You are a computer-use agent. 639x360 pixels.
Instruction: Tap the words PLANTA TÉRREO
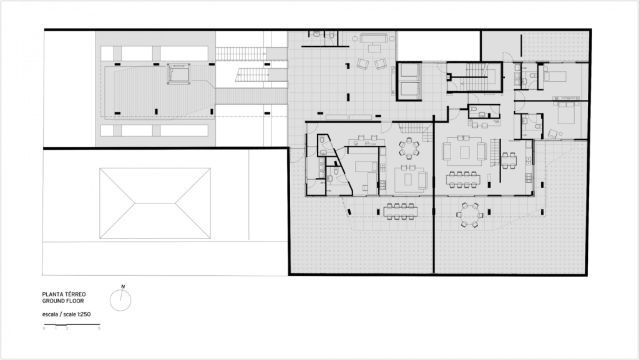click(64, 294)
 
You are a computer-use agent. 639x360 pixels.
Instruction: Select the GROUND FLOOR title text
click(63, 301)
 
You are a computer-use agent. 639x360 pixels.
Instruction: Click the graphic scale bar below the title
click(72, 324)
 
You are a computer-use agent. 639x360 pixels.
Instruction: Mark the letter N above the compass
click(123, 287)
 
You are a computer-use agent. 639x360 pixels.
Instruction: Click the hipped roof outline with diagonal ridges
click(155, 203)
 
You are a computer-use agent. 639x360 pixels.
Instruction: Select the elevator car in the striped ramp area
click(178, 74)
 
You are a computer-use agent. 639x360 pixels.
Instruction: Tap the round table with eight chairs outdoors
click(469, 214)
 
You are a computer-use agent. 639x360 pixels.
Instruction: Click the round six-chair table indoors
click(408, 148)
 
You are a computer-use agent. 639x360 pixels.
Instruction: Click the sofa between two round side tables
click(373, 39)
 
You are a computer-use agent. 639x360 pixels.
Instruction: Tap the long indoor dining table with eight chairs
click(463, 179)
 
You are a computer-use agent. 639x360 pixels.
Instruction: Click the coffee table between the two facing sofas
click(465, 152)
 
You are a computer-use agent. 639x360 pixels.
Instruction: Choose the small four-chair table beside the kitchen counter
click(509, 160)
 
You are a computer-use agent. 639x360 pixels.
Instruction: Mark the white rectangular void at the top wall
click(439, 46)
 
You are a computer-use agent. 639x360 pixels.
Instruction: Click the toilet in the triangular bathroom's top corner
click(322, 140)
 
